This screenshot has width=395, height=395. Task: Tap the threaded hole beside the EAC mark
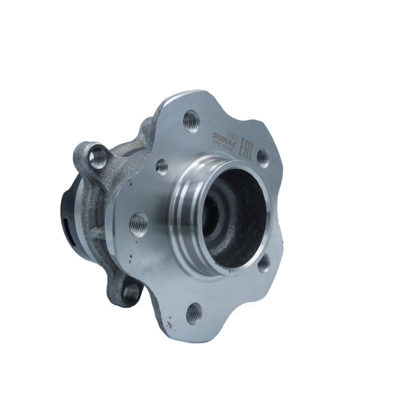click(262, 157)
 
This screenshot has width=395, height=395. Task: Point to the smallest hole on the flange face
click(162, 166)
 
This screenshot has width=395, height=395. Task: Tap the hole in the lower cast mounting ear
click(131, 291)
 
